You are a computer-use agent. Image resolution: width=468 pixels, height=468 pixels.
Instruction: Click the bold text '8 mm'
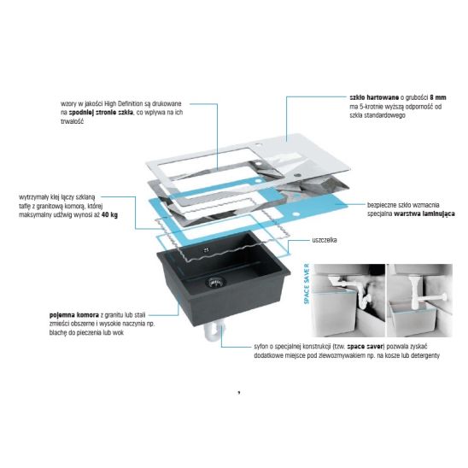[438, 97]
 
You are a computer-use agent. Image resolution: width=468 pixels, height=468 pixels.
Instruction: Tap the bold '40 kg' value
[109, 215]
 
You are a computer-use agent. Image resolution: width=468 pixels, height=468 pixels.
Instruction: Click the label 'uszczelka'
[325, 240]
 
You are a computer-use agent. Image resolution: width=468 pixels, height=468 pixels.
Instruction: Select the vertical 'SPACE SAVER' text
[307, 284]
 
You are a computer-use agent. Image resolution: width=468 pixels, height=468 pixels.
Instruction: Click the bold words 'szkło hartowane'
[374, 97]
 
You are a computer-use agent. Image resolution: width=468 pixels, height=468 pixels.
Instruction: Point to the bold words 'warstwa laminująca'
[424, 214]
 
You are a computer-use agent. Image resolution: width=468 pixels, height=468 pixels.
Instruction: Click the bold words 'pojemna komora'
[74, 315]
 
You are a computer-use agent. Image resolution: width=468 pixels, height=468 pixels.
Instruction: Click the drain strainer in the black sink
[215, 282]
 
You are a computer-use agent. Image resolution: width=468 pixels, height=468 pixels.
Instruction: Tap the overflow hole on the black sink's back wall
[207, 249]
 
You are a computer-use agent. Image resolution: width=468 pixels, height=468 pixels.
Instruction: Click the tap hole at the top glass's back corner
[259, 146]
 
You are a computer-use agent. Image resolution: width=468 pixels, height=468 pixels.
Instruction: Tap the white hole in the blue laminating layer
[295, 214]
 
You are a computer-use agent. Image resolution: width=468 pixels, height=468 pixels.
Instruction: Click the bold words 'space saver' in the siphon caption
[365, 347]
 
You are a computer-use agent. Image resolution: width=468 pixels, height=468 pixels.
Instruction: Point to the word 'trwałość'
[72, 121]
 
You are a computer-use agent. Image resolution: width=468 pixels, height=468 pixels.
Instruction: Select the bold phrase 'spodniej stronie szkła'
[101, 113]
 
